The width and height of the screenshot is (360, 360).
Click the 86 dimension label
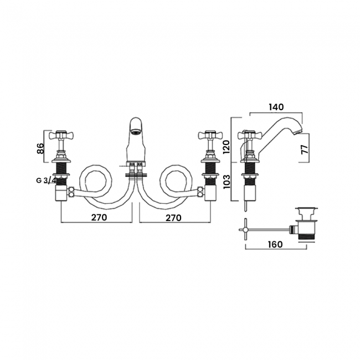[40, 148]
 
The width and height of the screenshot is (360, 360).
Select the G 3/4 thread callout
[46, 180]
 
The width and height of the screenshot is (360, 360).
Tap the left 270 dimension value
[99, 217]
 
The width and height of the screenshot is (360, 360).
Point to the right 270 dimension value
[173, 218]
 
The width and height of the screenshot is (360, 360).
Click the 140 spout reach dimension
[277, 107]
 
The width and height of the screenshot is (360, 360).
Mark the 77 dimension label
[305, 149]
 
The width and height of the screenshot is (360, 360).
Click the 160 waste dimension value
[275, 244]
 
